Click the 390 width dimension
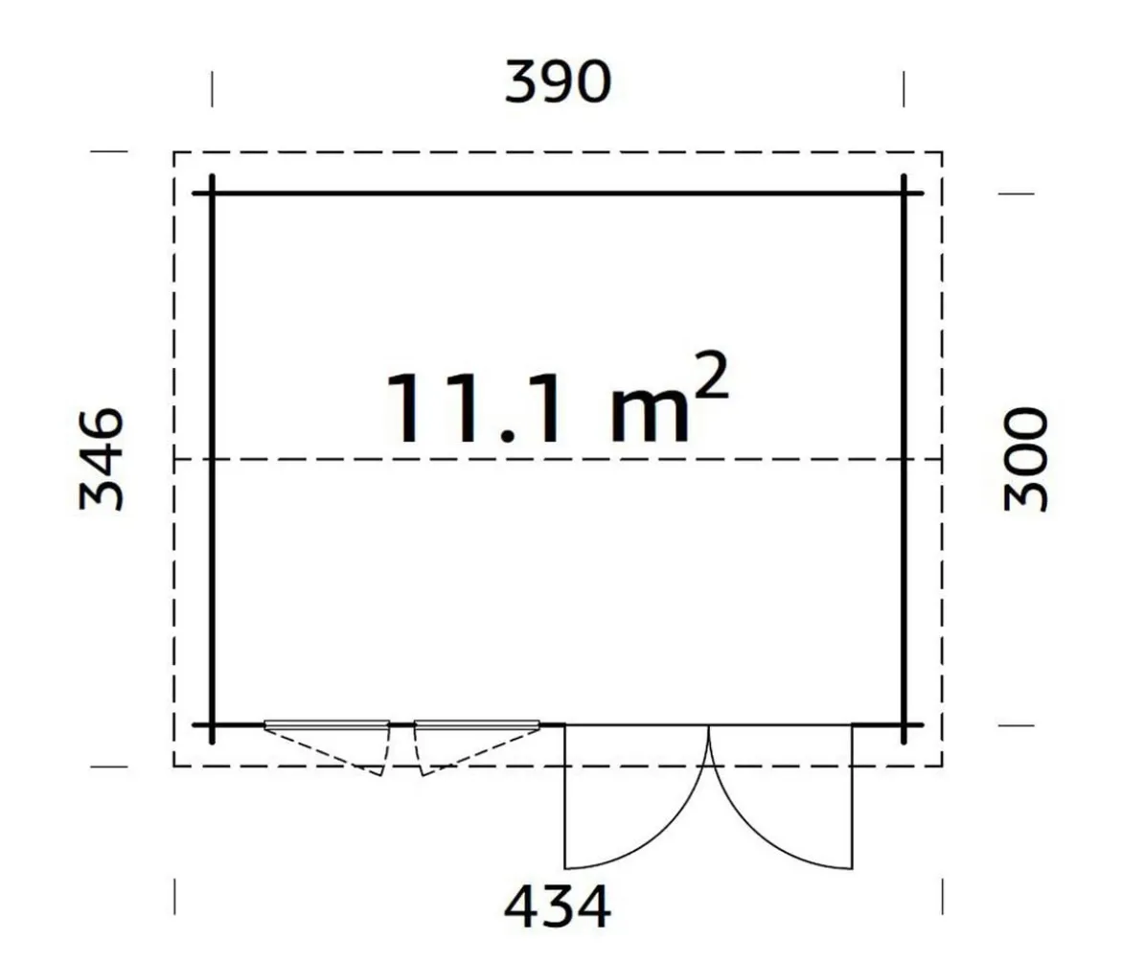click(558, 81)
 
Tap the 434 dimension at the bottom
click(558, 905)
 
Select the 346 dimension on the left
click(102, 459)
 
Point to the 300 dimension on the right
click(1025, 459)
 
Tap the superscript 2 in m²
click(711, 376)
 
